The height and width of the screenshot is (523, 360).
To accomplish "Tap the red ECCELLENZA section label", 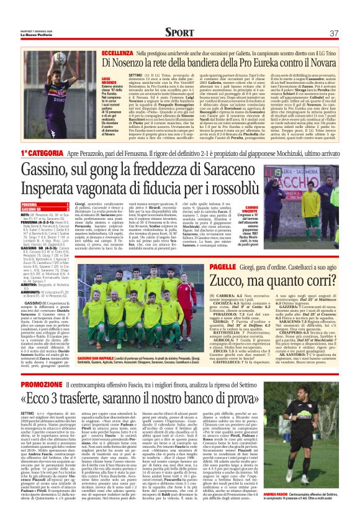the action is pos(119,55).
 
